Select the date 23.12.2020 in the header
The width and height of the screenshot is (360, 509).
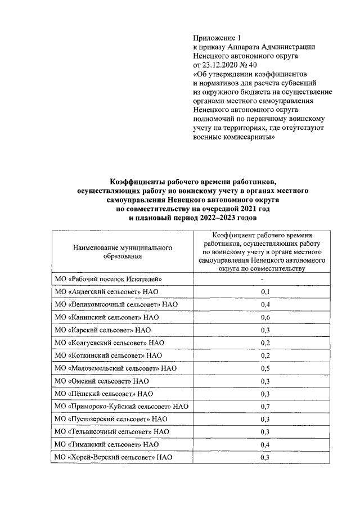[223, 65]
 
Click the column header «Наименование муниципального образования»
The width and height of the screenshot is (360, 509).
[122, 251]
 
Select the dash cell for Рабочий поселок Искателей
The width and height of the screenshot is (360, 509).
[263, 278]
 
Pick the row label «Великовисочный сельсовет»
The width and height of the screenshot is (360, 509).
[116, 304]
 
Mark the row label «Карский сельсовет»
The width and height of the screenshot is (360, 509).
[103, 330]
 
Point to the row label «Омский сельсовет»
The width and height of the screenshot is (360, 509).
[102, 381]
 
